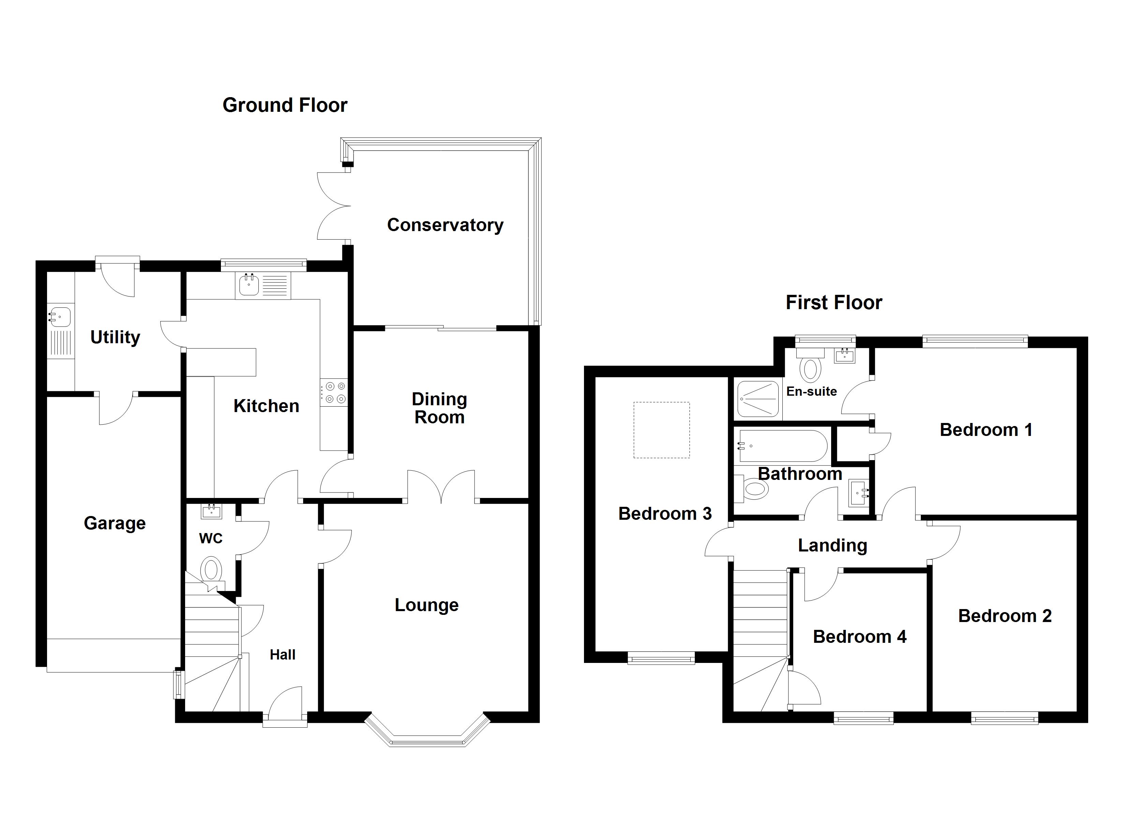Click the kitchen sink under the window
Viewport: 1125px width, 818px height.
pos(249,285)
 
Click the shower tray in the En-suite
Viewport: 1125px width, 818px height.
pos(757,398)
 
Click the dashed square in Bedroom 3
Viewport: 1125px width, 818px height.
pos(661,429)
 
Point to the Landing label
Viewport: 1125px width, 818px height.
pos(832,546)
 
